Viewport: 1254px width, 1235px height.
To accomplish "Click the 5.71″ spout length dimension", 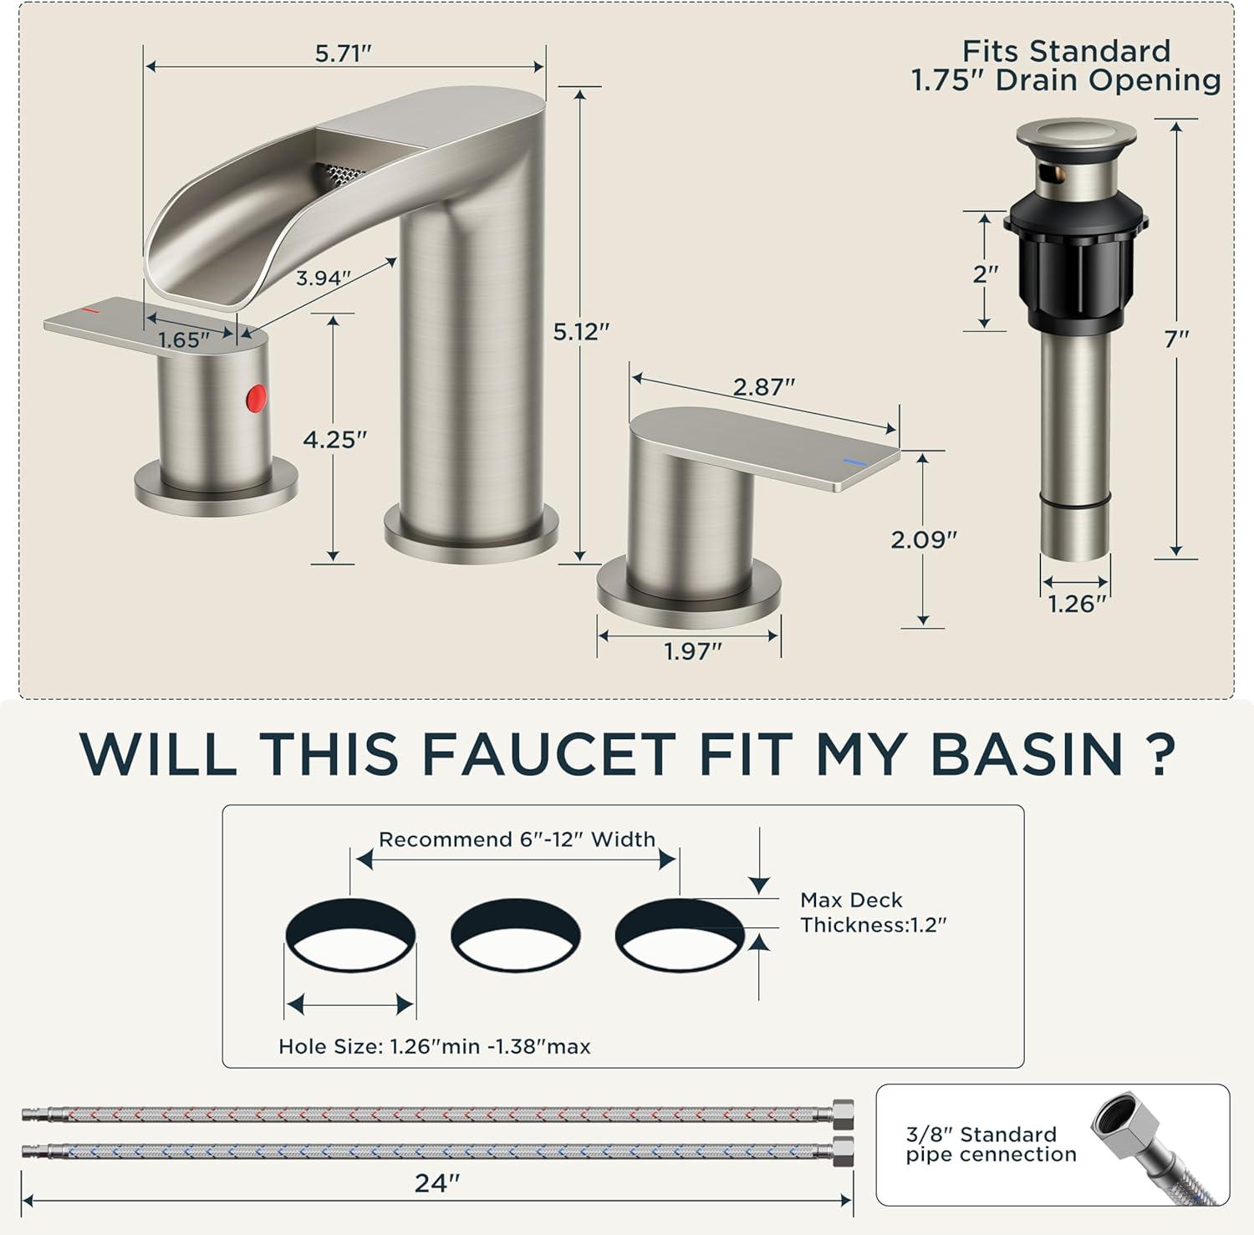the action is coord(343,54).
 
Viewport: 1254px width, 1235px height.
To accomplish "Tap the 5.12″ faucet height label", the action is coord(581,332).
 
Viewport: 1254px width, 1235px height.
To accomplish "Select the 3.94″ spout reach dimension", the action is coord(323,278).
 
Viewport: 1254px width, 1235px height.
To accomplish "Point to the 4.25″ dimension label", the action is coord(334,439).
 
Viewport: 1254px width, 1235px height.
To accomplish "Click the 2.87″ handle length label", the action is coord(763,387).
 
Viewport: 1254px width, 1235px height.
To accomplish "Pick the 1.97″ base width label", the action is coord(692,651).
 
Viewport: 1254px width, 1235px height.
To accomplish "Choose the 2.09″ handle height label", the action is coord(923,540).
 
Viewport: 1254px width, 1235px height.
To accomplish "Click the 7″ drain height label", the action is coord(1176,339).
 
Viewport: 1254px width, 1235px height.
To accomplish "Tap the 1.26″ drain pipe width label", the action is coord(1077,604).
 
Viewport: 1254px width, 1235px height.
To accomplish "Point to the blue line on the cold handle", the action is coord(854,462).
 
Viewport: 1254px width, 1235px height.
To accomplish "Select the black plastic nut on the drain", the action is coord(1075,259).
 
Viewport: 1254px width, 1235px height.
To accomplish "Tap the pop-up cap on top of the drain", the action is coord(1076,134).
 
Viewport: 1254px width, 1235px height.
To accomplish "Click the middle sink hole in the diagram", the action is coord(515,934).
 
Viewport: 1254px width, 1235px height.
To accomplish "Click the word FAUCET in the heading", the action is coord(548,753).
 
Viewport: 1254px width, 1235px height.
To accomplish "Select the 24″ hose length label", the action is coord(437,1183).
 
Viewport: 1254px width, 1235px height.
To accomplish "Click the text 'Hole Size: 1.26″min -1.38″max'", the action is coord(435,1047).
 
